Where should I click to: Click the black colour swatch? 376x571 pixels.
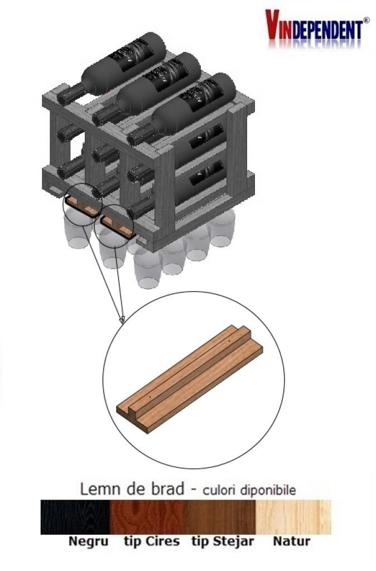75,517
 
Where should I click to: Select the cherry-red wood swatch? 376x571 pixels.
147,517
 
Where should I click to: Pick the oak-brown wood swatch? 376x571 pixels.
219,517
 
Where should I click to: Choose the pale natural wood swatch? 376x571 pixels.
293,517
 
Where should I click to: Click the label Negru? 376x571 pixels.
89,541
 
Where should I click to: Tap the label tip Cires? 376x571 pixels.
152,541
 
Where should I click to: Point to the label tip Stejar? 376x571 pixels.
223,541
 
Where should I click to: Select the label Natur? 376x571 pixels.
291,541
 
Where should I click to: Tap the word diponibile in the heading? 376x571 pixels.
268,490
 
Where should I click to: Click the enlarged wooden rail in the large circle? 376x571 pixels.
190,379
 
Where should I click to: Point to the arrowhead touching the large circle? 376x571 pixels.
122,320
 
